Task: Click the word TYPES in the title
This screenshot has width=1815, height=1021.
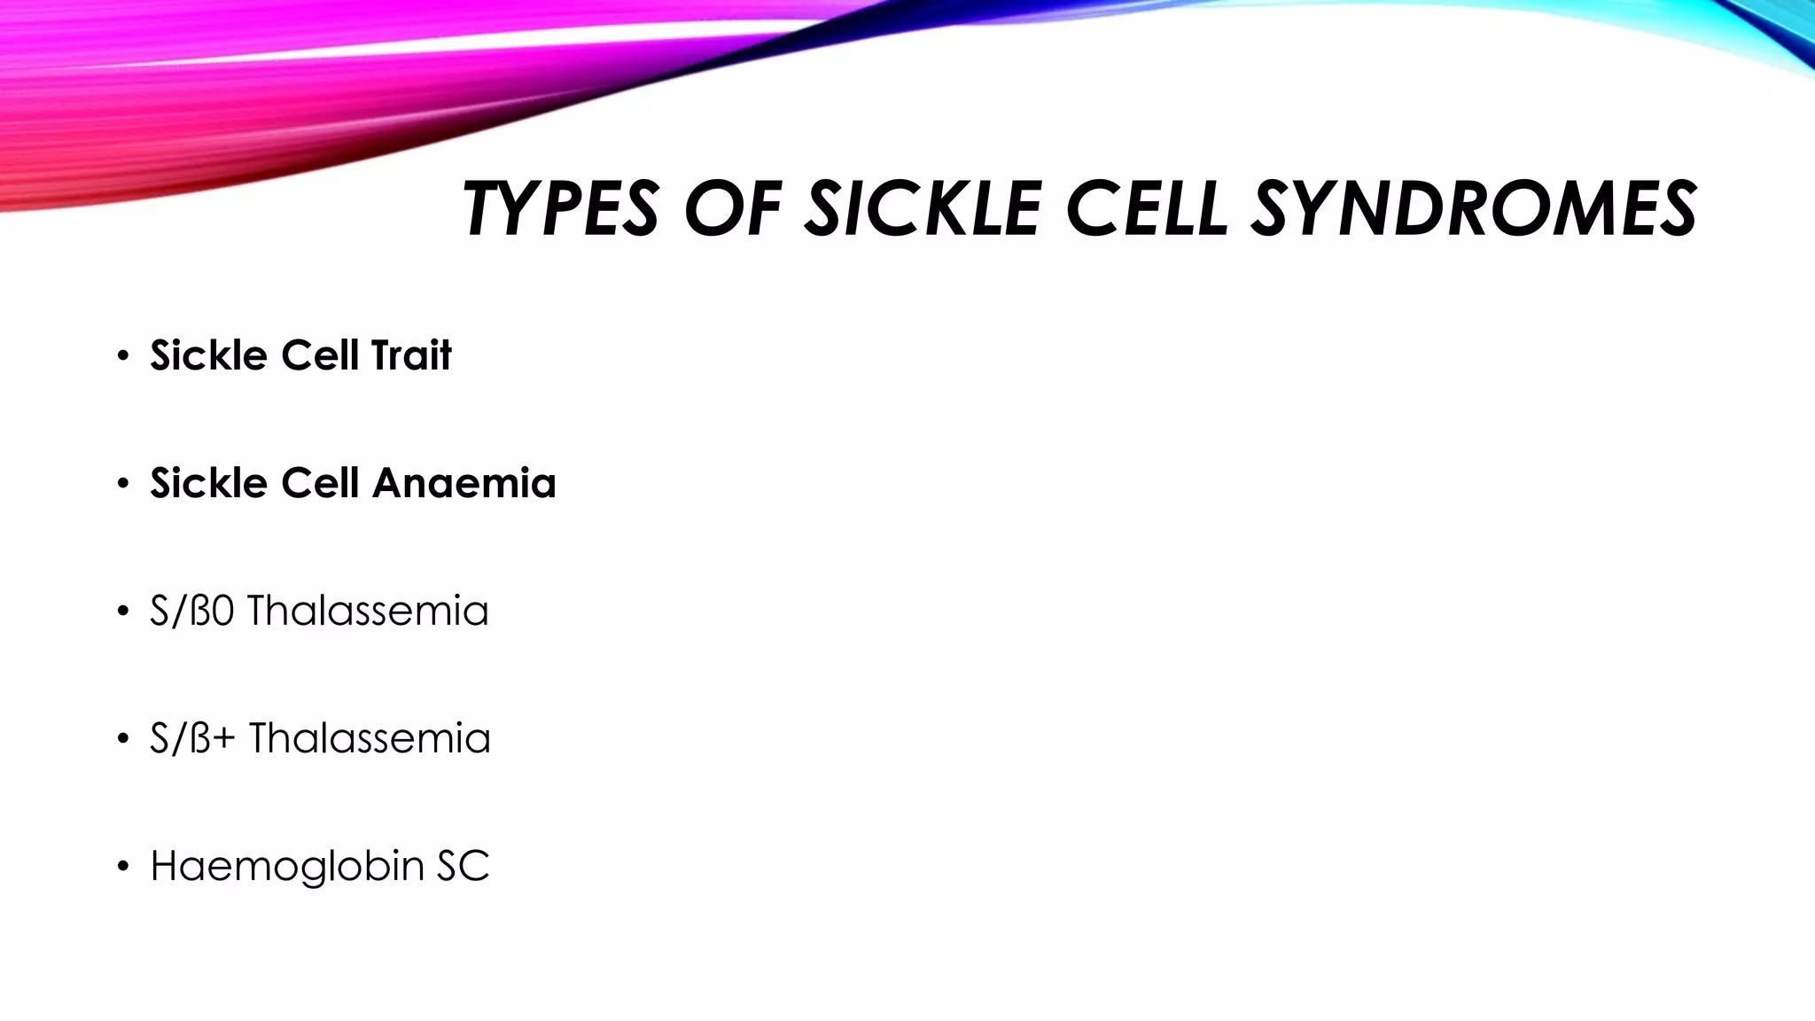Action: [560, 209]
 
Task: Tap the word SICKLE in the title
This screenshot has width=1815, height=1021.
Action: [922, 209]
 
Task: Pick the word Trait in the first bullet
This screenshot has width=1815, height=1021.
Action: [411, 355]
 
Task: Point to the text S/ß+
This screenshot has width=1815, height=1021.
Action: [192, 738]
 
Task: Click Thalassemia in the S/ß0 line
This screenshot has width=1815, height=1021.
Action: [368, 611]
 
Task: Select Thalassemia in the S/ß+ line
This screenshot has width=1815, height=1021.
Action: [370, 738]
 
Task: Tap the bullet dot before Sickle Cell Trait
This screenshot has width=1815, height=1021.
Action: [122, 357]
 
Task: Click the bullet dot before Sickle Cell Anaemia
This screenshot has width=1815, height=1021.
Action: [122, 485]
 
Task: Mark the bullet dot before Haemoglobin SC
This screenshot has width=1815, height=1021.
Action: [122, 868]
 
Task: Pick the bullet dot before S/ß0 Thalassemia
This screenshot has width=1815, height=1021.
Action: [122, 612]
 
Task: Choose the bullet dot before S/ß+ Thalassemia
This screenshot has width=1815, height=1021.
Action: [122, 740]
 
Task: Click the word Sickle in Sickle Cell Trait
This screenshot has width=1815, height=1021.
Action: [208, 355]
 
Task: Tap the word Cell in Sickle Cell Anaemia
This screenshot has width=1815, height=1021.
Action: [320, 483]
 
